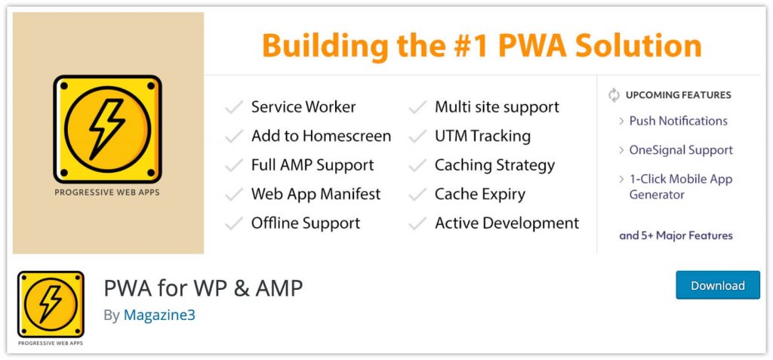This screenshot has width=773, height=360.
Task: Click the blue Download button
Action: coord(717,285)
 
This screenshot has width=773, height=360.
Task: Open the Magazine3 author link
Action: coord(159,315)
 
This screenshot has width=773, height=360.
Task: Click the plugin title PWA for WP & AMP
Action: coord(203,288)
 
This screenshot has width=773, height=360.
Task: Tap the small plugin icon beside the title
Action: coord(51,304)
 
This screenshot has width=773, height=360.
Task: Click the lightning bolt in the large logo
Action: coord(107,128)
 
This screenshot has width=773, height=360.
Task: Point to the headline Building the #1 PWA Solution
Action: coord(482,45)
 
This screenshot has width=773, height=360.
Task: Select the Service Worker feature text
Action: coord(303,107)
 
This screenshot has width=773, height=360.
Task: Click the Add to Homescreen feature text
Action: coord(321,136)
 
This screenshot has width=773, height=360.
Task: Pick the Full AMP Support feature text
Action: coord(313,165)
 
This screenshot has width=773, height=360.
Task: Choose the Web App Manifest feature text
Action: coord(316,194)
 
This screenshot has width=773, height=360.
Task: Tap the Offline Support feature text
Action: coord(306,223)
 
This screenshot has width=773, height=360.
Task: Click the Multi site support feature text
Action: coord(497,107)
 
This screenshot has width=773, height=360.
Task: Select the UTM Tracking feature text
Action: coord(482,136)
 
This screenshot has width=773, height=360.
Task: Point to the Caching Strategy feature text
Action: coord(494,165)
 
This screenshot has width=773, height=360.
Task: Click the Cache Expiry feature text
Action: coord(480,194)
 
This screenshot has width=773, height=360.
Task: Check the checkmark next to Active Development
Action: coord(417,224)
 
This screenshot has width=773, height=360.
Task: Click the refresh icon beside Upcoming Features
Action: coord(614,95)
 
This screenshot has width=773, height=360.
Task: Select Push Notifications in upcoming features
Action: coord(678,121)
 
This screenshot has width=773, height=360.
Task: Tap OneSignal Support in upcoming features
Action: coord(681,150)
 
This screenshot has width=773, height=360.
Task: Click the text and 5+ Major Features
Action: coord(676,235)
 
